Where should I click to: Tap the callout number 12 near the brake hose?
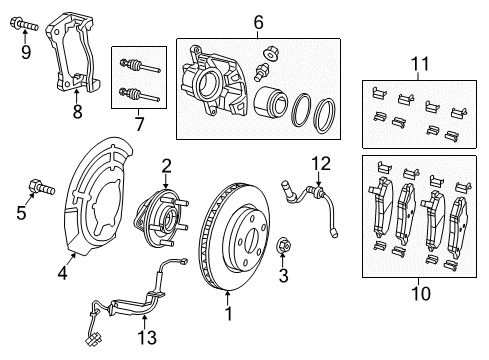[x=319, y=162]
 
